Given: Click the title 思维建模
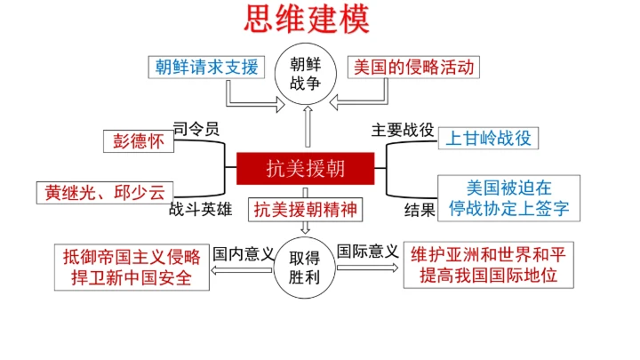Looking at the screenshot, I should [306, 19].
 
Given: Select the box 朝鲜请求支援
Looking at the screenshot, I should [206, 67].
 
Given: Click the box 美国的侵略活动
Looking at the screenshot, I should [413, 67].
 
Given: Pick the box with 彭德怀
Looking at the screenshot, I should [138, 140].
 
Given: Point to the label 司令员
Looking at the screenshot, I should [195, 128].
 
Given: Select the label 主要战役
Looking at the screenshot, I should [403, 129].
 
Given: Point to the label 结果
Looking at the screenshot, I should [420, 211].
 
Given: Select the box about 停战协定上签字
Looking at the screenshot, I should [508, 198].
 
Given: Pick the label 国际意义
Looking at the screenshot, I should [368, 252].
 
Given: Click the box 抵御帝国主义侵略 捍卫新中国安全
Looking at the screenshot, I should [132, 267].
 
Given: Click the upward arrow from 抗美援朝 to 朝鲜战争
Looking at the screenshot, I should [308, 125].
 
